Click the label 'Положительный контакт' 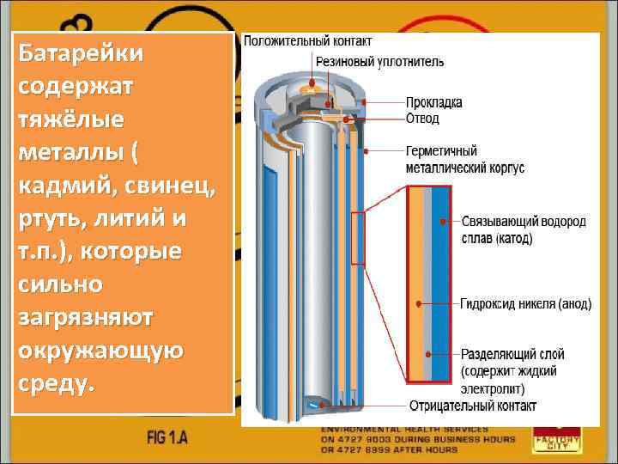point(308,40)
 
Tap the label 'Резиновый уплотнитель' point(379,61)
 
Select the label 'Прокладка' point(434,102)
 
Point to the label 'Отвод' point(423,118)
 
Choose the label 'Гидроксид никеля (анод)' point(524,304)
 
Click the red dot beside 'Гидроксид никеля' point(418,304)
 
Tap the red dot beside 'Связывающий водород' point(444,222)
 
